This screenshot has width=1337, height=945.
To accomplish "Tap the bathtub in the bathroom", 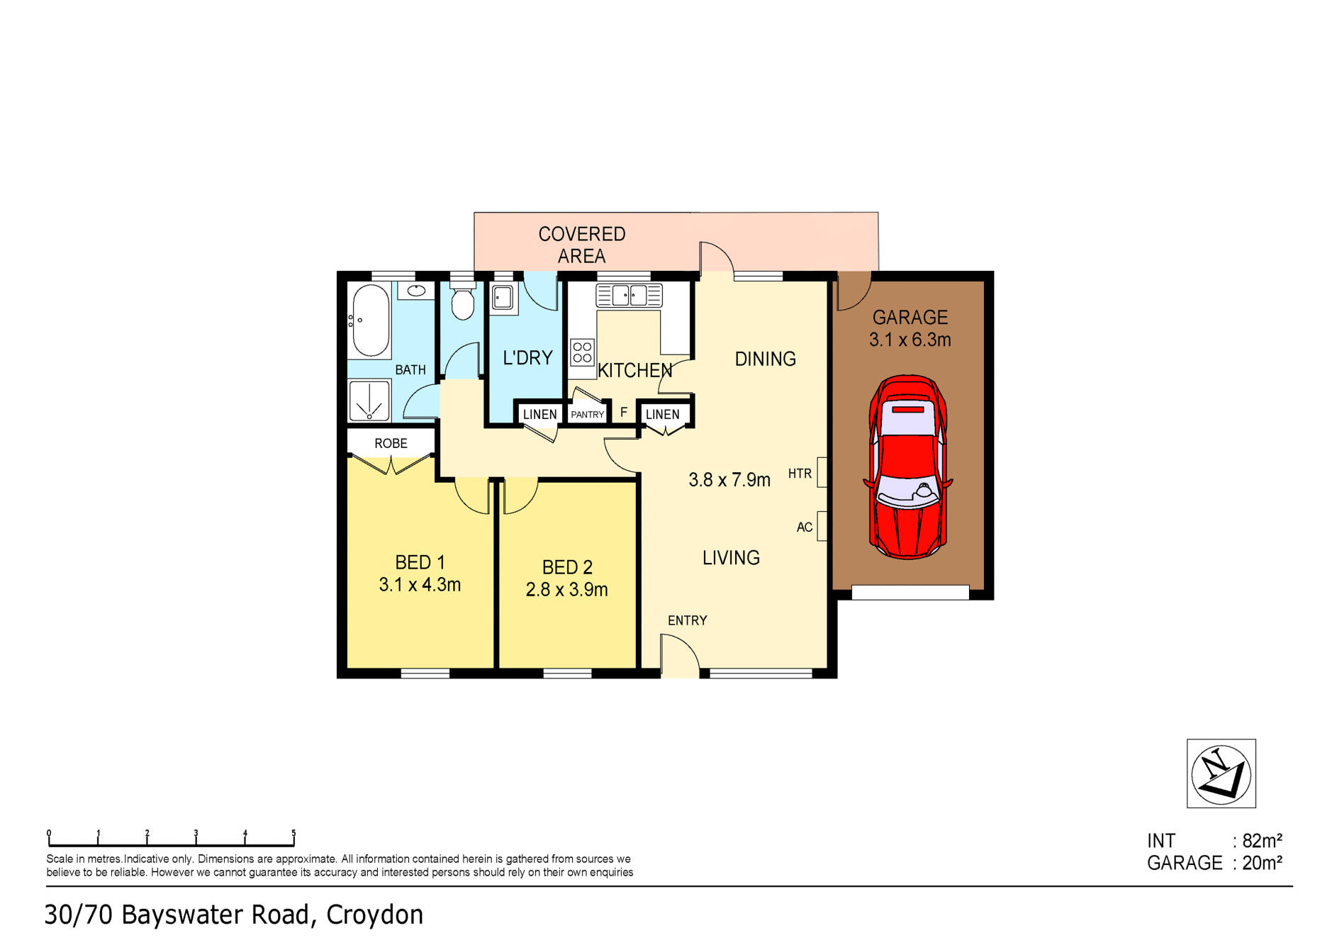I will [371, 320].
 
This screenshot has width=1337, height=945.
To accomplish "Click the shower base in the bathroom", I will [369, 401].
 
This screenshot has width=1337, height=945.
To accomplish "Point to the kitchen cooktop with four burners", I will [582, 352].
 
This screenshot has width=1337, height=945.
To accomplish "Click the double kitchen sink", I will [629, 295].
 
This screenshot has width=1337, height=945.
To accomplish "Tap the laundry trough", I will [503, 297].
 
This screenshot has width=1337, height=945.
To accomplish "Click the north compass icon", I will [1221, 773].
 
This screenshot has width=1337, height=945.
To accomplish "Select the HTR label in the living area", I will [800, 474].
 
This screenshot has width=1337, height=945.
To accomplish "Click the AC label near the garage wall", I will [804, 527].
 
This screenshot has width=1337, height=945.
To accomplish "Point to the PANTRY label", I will [588, 415].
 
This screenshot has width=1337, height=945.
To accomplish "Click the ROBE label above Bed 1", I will [391, 444].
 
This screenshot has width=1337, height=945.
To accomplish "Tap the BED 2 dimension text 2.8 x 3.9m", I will [566, 590].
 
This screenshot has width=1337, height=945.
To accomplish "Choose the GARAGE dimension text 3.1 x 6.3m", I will [910, 340].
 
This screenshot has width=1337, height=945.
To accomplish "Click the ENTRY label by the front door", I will [687, 621].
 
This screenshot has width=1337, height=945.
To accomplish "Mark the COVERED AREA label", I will [581, 245].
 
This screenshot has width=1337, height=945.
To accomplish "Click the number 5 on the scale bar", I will [293, 834].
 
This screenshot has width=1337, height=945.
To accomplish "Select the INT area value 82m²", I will [1262, 841].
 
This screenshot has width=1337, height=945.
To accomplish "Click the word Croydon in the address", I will [374, 915].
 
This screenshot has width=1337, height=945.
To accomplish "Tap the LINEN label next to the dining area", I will [662, 415].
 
